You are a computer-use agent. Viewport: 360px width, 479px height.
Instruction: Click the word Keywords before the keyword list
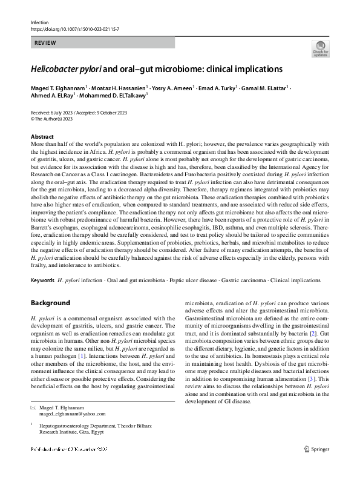(42, 281)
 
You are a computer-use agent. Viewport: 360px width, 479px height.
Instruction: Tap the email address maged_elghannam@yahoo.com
(73, 414)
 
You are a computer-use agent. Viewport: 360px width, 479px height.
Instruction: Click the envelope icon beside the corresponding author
(34, 407)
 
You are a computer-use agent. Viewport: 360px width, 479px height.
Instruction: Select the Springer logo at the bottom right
(316, 467)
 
